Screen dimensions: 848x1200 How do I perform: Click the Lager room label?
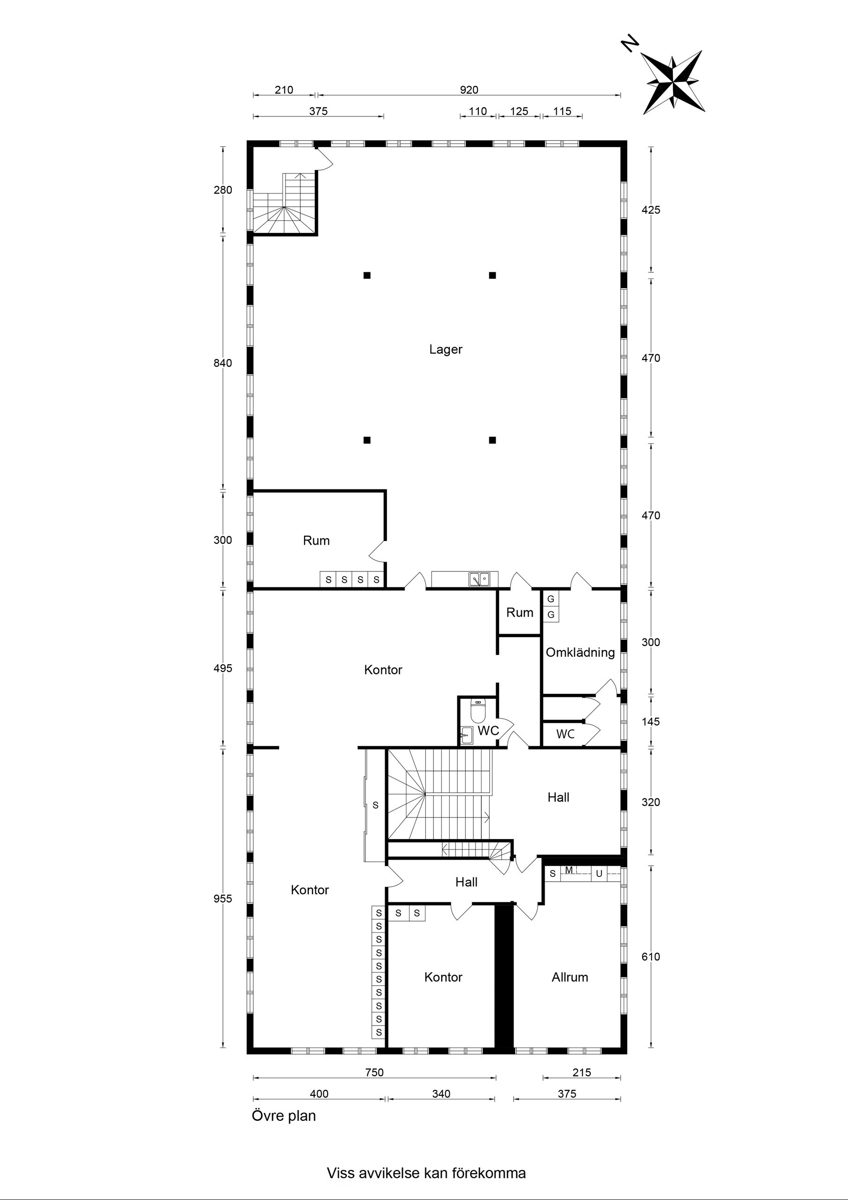pyautogui.click(x=446, y=349)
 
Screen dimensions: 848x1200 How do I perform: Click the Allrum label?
pyautogui.click(x=570, y=977)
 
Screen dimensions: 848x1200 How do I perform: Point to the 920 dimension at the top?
pyautogui.click(x=469, y=90)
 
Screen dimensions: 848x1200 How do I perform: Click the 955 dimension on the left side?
pyautogui.click(x=223, y=899)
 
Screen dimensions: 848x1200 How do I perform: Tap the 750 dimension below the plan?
pyautogui.click(x=374, y=1072)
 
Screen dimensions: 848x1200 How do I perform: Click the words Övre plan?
pyautogui.click(x=284, y=1116)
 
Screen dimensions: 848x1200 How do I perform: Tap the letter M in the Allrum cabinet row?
pyautogui.click(x=569, y=870)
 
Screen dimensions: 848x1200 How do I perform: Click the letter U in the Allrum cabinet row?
pyautogui.click(x=599, y=873)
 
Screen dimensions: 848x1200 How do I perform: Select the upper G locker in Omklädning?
pyautogui.click(x=550, y=599)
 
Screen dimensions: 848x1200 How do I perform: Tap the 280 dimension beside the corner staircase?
pyautogui.click(x=223, y=190)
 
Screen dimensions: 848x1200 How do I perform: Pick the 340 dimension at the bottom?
pyautogui.click(x=441, y=1094)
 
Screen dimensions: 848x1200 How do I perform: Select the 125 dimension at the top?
pyautogui.click(x=519, y=111)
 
